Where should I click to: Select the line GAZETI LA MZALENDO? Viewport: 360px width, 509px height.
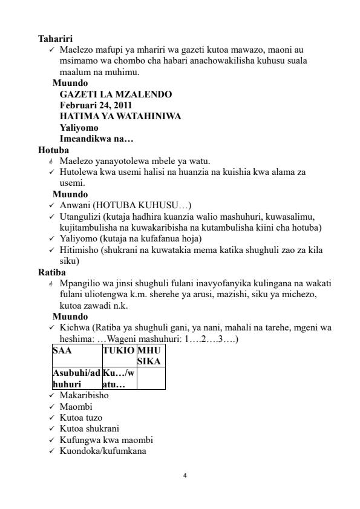(x=116, y=94)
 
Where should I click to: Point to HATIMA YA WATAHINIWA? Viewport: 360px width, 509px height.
(x=120, y=116)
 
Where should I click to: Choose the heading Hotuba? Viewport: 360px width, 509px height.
(x=53, y=149)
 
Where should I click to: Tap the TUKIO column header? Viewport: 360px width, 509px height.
(x=119, y=351)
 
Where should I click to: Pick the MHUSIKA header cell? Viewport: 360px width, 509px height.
(x=150, y=356)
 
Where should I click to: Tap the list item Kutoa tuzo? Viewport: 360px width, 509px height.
(x=81, y=418)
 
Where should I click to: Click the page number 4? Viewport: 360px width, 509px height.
(x=185, y=476)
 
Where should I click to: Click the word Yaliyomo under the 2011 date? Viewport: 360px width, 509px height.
(x=79, y=128)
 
